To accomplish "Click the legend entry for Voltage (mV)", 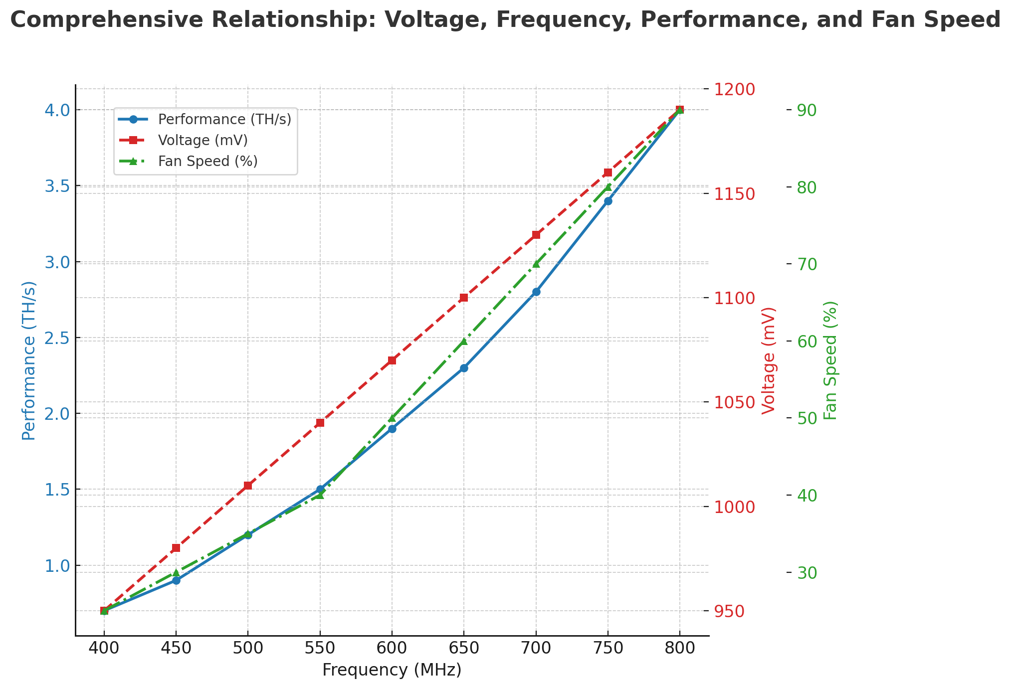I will (202, 141).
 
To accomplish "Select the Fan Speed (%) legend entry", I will (207, 162).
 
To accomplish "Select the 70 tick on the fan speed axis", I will (807, 264).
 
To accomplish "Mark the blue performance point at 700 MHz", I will (536, 292).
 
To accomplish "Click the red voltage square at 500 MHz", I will (248, 486).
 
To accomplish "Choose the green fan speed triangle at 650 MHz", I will (464, 342).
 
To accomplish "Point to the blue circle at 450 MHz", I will (176, 580).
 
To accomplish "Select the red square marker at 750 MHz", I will (608, 172).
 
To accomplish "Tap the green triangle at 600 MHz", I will (392, 418).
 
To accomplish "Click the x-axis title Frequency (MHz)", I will (392, 670).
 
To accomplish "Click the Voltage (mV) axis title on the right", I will (769, 360).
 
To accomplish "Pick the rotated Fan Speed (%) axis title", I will (830, 360).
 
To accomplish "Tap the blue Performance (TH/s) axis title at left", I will (29, 360).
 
